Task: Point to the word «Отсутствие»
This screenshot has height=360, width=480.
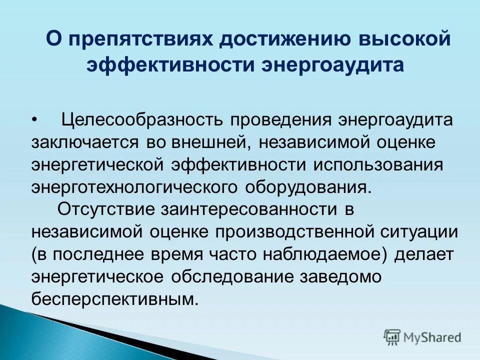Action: pyautogui.click(x=105, y=209)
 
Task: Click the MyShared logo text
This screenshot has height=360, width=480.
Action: pyautogui.click(x=432, y=337)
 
